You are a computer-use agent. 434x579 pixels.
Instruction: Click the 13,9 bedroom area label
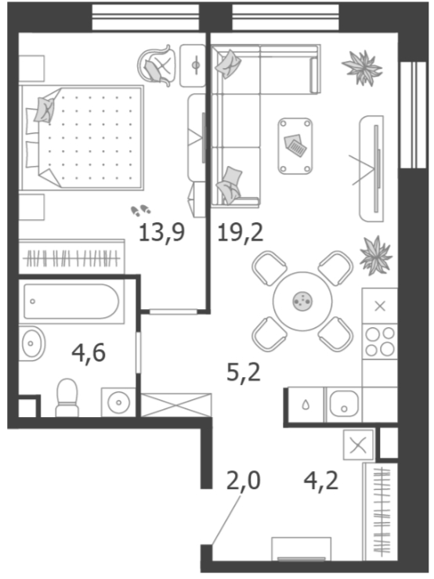click(161, 233)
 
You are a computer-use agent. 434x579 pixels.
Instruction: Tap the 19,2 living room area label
click(241, 233)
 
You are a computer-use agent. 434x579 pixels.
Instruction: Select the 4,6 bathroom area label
click(89, 353)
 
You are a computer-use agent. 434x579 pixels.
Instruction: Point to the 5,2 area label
click(244, 372)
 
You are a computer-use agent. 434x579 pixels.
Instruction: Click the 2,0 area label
click(244, 480)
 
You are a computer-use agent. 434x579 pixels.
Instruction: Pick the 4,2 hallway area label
click(321, 480)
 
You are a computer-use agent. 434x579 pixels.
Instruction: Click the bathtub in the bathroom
click(71, 301)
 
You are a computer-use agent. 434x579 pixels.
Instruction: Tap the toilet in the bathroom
click(67, 398)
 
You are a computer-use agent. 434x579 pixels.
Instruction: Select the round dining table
click(302, 301)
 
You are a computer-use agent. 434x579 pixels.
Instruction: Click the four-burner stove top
click(380, 342)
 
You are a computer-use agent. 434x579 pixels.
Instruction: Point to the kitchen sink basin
click(344, 404)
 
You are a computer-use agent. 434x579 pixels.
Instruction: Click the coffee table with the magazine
click(295, 146)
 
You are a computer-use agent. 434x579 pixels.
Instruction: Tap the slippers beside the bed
click(140, 210)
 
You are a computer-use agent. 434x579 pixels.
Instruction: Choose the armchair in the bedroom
click(156, 66)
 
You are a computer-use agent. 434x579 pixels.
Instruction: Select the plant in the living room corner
click(362, 67)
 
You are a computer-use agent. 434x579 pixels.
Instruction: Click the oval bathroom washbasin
click(32, 343)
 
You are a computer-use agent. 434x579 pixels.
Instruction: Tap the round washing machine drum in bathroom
click(118, 402)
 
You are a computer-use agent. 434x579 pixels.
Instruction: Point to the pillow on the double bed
click(45, 110)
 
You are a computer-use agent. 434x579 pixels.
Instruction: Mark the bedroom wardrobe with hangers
click(72, 257)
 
